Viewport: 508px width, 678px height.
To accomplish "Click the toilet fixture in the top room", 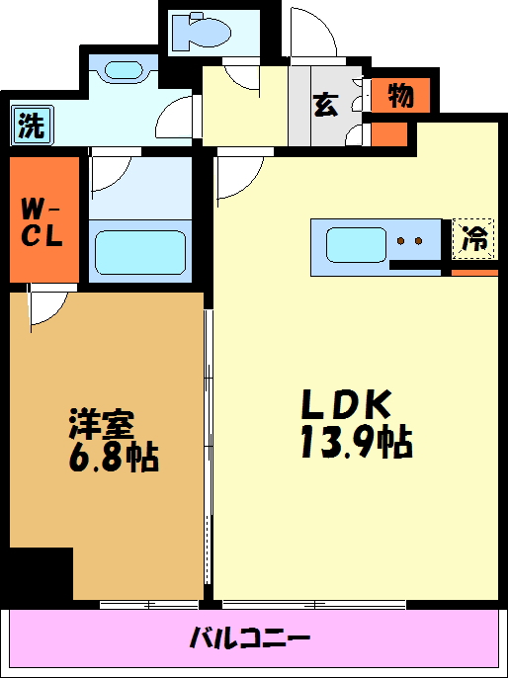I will (200, 32).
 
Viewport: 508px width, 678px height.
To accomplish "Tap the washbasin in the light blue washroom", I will (123, 71).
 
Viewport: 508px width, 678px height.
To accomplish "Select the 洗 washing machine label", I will (32, 126).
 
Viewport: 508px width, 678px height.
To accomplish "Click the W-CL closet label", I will (42, 222).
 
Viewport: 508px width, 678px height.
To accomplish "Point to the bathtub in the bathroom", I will (138, 252).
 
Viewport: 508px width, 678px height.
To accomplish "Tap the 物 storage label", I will (399, 96).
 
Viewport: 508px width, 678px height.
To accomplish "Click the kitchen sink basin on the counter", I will (356, 243).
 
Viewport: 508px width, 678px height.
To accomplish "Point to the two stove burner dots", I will (410, 240).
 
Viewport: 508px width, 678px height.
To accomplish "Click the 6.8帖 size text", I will (113, 458).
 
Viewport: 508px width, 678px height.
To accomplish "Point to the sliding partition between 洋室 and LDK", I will (208, 445).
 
